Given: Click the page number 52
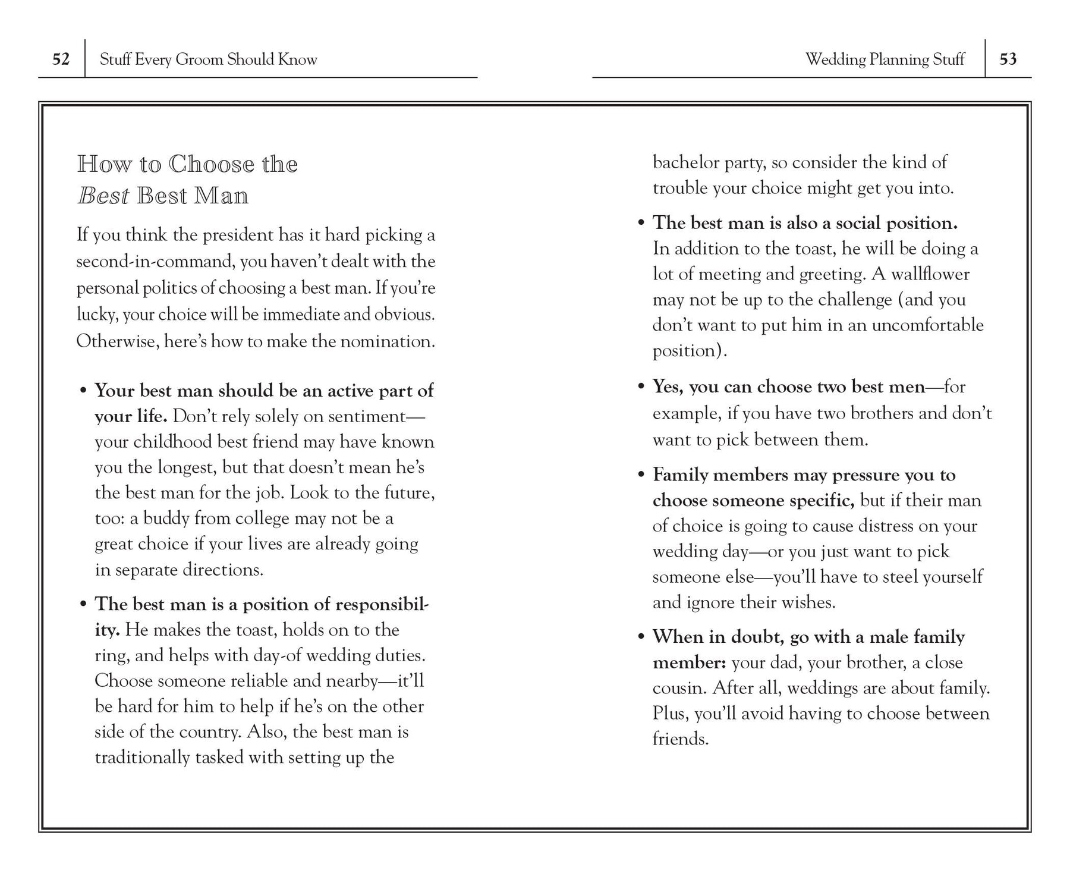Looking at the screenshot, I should pyautogui.click(x=61, y=59).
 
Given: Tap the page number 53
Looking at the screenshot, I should pyautogui.click(x=1008, y=59).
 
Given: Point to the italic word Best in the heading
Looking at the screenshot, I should pyautogui.click(x=103, y=196).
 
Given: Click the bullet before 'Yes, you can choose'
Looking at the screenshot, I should pyautogui.click(x=641, y=387).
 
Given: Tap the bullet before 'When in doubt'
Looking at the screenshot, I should pyautogui.click(x=641, y=637).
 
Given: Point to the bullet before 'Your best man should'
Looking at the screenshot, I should pyautogui.click(x=83, y=391).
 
